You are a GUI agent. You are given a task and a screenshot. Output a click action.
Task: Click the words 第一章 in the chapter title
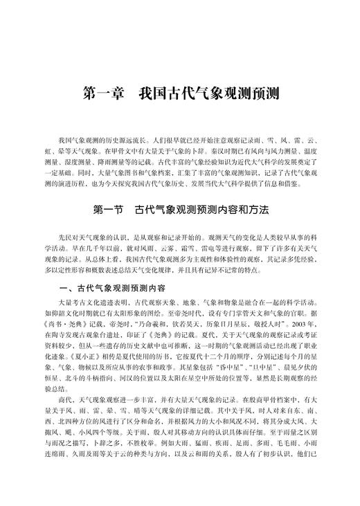pyautogui.click(x=103, y=92)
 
